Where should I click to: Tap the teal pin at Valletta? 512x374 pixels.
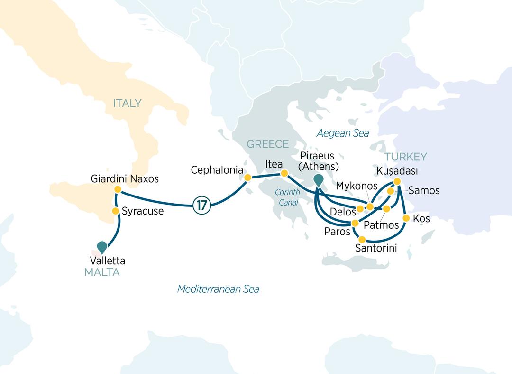(x=102, y=246)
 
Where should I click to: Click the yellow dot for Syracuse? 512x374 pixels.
(x=115, y=211)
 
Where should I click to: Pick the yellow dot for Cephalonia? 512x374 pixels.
(x=247, y=178)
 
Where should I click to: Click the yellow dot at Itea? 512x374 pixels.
(x=284, y=173)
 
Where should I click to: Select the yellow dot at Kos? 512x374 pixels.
(x=406, y=218)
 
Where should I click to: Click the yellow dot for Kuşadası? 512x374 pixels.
(x=397, y=181)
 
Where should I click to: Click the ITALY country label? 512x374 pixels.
(x=127, y=103)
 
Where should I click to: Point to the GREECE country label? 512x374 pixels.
(x=267, y=144)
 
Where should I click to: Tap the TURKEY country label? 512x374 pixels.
(x=405, y=157)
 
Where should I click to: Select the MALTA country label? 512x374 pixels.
(x=101, y=272)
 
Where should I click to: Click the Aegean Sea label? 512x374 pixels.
(x=343, y=133)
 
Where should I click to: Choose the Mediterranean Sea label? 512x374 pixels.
(x=218, y=289)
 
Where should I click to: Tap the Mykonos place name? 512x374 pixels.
(x=356, y=186)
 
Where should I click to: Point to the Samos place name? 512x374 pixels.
(x=424, y=191)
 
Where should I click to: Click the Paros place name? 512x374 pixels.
(x=337, y=232)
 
